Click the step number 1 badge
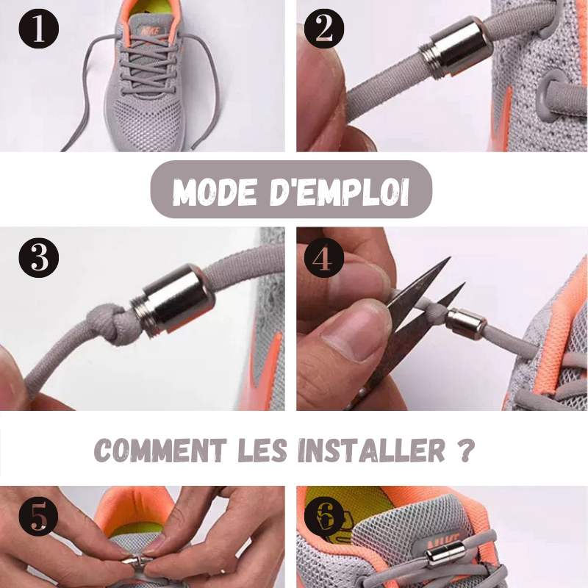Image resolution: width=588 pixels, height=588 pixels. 39,29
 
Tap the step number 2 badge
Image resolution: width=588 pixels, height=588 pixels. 324,29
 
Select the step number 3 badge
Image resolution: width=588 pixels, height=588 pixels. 39,258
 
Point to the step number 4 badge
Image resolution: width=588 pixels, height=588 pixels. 324,258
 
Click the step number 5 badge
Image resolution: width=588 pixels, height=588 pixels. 39,517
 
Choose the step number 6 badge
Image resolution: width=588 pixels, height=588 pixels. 324,517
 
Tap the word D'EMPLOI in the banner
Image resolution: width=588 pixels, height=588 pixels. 340,192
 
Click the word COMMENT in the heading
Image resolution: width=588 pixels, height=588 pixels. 160,450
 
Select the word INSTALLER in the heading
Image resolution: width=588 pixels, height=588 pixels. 372,450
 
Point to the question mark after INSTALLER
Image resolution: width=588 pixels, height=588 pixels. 467,450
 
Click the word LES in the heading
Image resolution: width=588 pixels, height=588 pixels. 262,450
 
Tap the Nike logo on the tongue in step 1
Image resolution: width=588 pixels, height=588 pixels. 151,30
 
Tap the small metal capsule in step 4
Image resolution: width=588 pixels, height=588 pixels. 466,324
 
